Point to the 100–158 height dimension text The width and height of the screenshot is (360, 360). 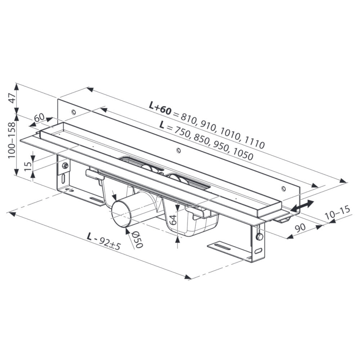tap(12, 140)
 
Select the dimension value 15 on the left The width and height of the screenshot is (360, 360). tap(28, 166)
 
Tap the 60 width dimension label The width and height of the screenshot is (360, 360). tap(39, 118)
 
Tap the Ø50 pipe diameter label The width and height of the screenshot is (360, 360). tap(137, 239)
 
